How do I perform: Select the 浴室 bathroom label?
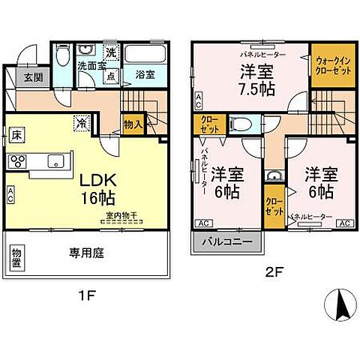(145, 75)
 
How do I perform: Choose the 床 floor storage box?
(14, 136)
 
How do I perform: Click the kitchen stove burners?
(17, 160)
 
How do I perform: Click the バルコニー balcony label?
(229, 244)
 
